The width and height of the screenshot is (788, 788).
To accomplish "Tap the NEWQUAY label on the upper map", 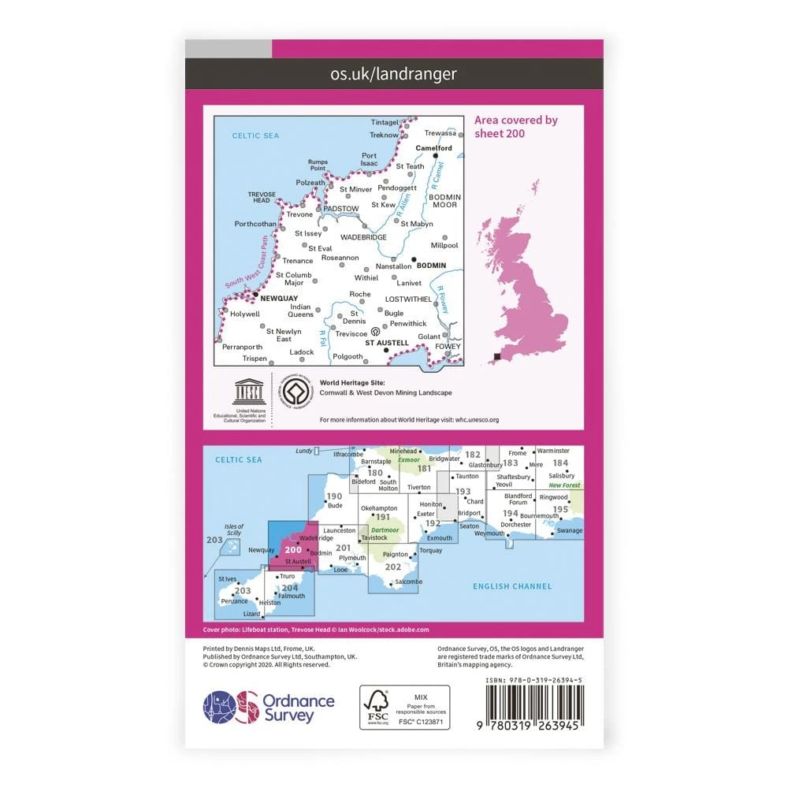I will (x=275, y=299).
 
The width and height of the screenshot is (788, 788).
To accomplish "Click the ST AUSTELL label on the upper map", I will (x=387, y=343).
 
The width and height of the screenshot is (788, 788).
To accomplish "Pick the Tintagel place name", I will (x=385, y=123).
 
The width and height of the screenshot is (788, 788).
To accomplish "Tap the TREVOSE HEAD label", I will (x=261, y=197).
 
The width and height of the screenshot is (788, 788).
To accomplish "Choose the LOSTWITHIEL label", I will (x=408, y=299).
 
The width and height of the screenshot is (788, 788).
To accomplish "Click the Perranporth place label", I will (x=242, y=347).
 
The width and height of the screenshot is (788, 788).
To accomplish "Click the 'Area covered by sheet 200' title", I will (x=516, y=126).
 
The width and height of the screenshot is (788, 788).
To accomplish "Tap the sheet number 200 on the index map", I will (x=293, y=550).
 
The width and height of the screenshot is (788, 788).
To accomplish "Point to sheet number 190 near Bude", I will (x=334, y=496).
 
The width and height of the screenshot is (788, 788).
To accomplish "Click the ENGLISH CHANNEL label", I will (x=512, y=586).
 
